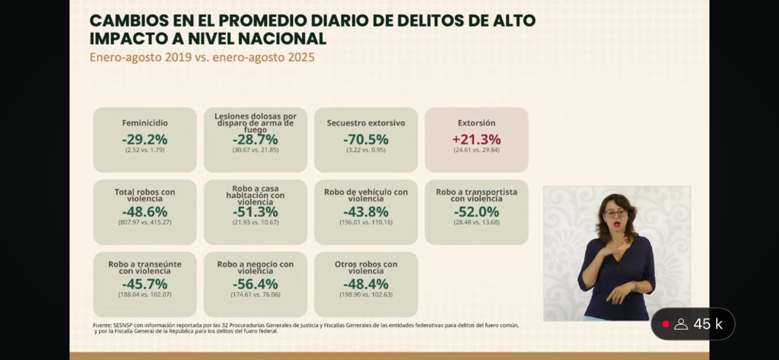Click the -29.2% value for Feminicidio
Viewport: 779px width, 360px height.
(145, 139)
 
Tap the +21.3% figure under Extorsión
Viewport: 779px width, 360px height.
(476, 139)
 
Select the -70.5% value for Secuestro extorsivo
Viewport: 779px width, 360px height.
(366, 139)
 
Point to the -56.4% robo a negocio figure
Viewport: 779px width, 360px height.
(255, 284)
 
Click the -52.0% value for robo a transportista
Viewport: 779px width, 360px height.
(476, 212)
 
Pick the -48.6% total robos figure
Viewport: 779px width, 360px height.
(145, 212)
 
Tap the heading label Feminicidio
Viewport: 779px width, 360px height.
(145, 123)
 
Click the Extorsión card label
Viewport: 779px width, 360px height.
(476, 123)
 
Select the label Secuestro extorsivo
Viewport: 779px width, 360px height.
(366, 123)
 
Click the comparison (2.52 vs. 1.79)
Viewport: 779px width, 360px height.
(145, 150)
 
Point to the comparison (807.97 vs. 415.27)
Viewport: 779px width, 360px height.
(145, 222)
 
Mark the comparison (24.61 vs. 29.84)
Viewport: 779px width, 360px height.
(476, 150)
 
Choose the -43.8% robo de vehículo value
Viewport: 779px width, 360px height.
(366, 212)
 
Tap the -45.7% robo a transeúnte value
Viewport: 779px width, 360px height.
(145, 284)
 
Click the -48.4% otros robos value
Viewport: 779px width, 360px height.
(366, 284)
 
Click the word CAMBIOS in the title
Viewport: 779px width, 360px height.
(126, 21)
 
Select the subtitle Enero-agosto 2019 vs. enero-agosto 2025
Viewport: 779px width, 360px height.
(202, 57)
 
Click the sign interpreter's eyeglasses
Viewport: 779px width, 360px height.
(615, 213)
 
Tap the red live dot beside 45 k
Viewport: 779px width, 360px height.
(666, 324)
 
